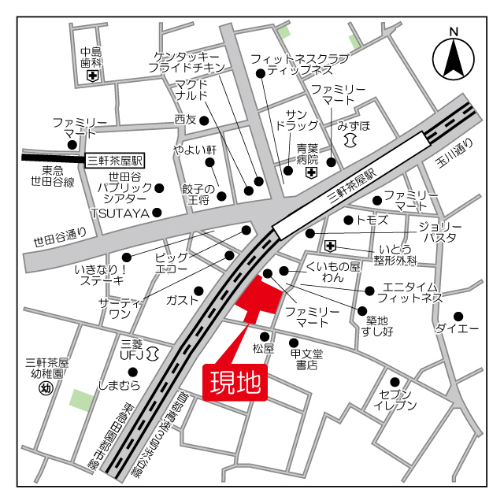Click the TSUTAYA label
tap(120, 213)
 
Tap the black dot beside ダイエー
tap(459, 316)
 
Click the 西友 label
tap(185, 120)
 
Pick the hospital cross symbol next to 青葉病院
tap(312, 172)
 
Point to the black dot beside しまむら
tap(133, 372)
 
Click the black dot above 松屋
tap(265, 335)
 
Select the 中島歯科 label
tap(92, 56)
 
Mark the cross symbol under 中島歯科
tap(93, 76)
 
